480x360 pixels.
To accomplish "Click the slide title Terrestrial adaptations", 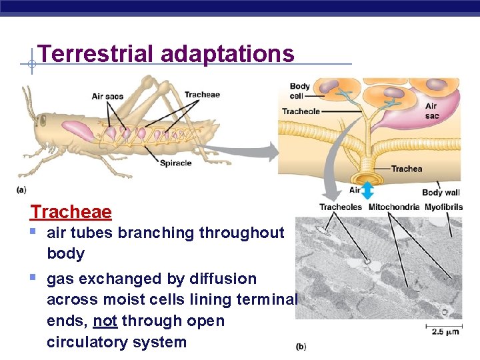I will pos(166,53).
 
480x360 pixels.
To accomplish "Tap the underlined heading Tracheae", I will pos(71,212).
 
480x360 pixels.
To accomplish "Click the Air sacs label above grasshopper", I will pos(107,97).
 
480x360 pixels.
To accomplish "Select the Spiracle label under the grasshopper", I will pos(175,163).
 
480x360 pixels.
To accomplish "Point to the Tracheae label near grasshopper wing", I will pos(201,95).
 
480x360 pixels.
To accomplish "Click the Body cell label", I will pos(299,91).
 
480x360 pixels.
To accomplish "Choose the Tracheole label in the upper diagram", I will pos(301,111).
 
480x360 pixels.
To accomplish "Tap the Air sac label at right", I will pos(431,111).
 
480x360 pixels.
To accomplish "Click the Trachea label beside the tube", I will pos(406,169).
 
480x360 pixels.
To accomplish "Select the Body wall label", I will pos(441,193).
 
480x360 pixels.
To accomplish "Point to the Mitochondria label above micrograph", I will pos(394,207).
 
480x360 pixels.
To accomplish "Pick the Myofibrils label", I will pos(443,207).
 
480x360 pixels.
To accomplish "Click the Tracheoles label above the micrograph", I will pos(341,207).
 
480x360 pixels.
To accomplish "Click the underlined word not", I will pos(105,321).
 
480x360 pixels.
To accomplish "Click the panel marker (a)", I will pos(21,190).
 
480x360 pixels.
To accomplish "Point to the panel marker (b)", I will pos(301,347).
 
